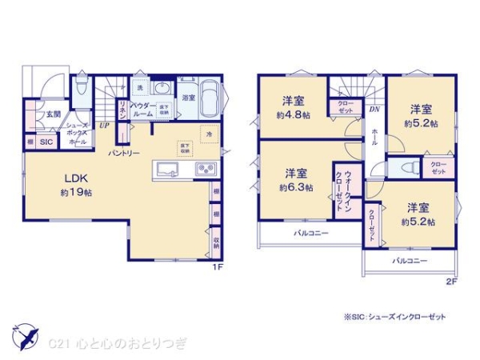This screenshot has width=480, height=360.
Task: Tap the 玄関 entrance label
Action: coord(52,114)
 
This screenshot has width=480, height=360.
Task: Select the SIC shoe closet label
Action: coord(46,142)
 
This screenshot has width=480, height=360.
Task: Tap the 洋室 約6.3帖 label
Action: coord(295,180)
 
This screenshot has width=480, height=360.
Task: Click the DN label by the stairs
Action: coord(374,110)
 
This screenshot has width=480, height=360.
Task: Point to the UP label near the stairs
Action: coord(103,126)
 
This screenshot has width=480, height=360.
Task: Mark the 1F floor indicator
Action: coord(216,268)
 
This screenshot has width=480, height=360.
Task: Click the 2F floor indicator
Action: coord(451,282)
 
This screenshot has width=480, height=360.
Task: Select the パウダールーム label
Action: coord(142,110)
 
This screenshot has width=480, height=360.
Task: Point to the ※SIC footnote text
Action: coord(394,316)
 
